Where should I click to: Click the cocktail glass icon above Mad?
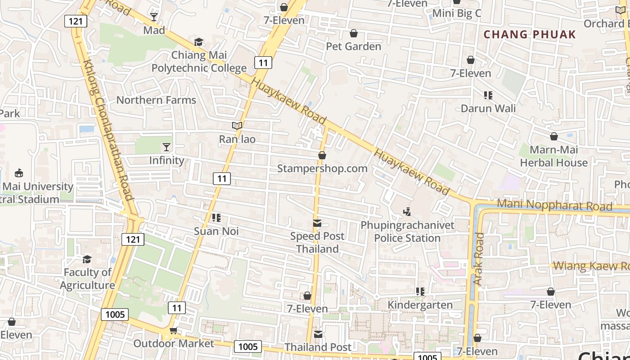pyautogui.click(x=154, y=17)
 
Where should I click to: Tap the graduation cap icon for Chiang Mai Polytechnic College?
pyautogui.click(x=198, y=42)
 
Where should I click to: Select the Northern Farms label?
pyautogui.click(x=156, y=100)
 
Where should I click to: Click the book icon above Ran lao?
pyautogui.click(x=237, y=126)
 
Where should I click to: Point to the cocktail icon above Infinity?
pyautogui.click(x=166, y=147)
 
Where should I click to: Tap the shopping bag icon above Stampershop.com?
pyautogui.click(x=322, y=155)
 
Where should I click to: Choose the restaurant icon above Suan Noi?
pyautogui.click(x=216, y=218)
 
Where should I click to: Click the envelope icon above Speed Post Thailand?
pyautogui.click(x=317, y=223)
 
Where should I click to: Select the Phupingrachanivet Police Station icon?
pyautogui.click(x=407, y=211)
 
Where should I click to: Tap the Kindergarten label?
pyautogui.click(x=420, y=305)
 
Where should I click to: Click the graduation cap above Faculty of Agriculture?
pyautogui.click(x=87, y=259)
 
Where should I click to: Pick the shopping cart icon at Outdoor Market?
pyautogui.click(x=173, y=331)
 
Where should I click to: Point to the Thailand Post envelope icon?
pyautogui.click(x=318, y=334)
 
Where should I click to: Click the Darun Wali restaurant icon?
pyautogui.click(x=488, y=95)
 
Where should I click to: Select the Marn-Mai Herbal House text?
pyautogui.click(x=553, y=156)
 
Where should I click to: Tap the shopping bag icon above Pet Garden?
pyautogui.click(x=354, y=33)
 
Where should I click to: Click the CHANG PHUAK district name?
pyautogui.click(x=530, y=35)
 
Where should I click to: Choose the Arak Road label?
pyautogui.click(x=478, y=258)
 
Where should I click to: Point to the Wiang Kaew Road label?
pyautogui.click(x=591, y=265)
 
